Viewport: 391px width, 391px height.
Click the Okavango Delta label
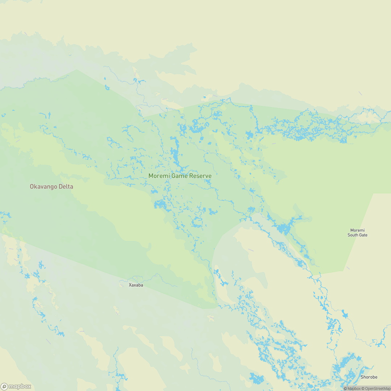point(51,187)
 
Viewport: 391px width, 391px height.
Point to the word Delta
point(66,187)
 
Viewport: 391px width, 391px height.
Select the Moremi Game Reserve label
point(180,176)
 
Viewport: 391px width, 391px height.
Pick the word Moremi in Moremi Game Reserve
point(159,176)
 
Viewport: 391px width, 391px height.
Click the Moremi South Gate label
point(357,232)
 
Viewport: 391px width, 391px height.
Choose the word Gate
point(363,235)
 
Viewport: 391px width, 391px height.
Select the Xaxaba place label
point(136,285)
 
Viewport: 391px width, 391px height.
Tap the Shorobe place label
point(369,377)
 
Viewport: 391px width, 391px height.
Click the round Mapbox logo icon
point(4,386)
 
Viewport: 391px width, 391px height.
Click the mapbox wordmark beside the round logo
point(20,386)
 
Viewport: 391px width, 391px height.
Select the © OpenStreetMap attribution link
point(375,388)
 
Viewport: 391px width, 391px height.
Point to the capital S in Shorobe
point(362,377)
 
